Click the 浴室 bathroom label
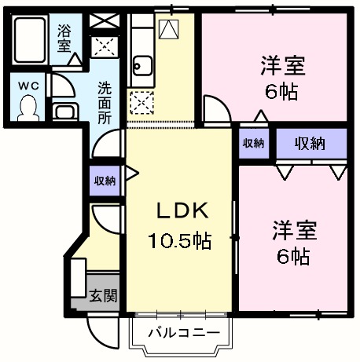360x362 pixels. coord(64,38)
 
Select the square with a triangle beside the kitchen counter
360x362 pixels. coord(167,29)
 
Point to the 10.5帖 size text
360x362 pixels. coord(180,240)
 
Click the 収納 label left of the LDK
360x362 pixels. coord(105,181)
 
